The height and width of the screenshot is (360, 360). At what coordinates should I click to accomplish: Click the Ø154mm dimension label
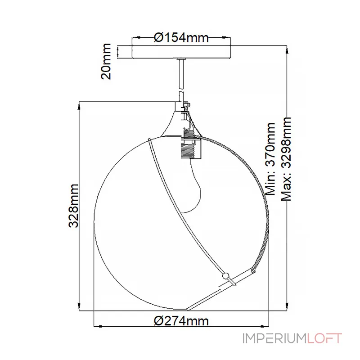[x=181, y=37]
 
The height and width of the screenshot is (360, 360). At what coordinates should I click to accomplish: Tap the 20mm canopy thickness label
[x=106, y=61]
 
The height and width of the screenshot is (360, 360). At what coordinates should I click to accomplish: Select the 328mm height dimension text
[x=74, y=206]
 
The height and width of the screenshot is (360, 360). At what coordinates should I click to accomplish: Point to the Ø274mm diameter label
[x=181, y=321]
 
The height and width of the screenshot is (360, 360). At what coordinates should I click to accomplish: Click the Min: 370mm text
[x=270, y=159]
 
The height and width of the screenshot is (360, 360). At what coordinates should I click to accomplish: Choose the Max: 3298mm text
[x=286, y=159]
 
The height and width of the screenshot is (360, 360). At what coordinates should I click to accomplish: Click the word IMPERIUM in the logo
[x=274, y=338]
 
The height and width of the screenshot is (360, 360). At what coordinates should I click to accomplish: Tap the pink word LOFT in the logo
[x=324, y=338]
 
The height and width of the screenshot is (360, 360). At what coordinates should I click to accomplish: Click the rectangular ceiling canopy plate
[x=181, y=52]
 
